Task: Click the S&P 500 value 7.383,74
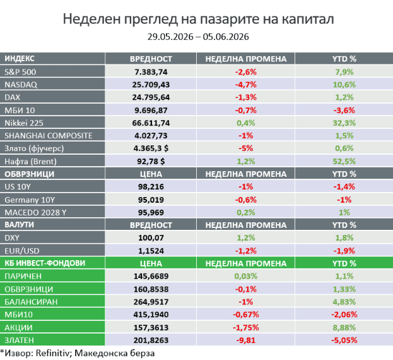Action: coord(151,72)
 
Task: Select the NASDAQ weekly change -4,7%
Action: coord(245,85)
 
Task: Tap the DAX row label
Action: coord(12,97)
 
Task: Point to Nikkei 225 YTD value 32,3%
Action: coord(344,123)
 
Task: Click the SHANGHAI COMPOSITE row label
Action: coord(49,135)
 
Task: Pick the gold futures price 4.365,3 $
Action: coord(151,148)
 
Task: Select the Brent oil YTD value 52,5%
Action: coord(344,161)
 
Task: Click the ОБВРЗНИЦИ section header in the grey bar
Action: coord(29,174)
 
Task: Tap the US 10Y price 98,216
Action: coord(151,187)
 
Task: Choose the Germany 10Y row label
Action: coord(30,200)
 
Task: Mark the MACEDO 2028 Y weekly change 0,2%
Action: coord(245,212)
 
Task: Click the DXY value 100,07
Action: coord(151,237)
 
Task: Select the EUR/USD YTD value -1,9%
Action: coord(344,251)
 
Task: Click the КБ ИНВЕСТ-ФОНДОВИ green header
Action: coord(45,263)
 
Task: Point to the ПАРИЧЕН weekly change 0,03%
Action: coord(245,276)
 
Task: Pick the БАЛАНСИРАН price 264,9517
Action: coord(151,301)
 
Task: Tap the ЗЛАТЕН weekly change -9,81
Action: coord(245,340)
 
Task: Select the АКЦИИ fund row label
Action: coord(18,328)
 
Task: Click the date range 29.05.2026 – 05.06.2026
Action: coord(198,37)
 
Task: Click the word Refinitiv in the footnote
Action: coord(52,353)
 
